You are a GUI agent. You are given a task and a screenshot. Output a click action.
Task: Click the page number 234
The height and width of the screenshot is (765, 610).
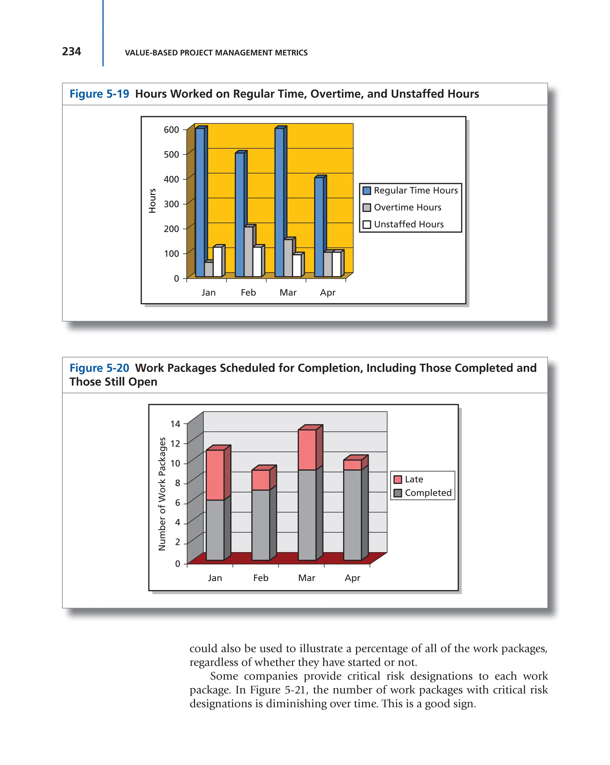(x=71, y=52)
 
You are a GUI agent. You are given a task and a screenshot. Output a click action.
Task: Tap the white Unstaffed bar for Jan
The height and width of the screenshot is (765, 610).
(x=217, y=261)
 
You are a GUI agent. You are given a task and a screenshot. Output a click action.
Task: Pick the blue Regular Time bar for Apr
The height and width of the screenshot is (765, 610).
(x=319, y=227)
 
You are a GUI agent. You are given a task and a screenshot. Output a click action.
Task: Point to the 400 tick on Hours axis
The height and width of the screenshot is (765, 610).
(x=171, y=180)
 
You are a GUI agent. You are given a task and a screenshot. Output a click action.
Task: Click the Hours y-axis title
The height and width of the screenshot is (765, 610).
(x=152, y=201)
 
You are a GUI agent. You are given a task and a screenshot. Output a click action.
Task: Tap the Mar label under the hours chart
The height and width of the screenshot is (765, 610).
(x=288, y=293)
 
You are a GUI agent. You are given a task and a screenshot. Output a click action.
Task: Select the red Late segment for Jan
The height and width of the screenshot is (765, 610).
(x=215, y=475)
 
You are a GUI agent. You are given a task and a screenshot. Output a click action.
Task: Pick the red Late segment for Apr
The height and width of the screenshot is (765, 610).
(x=352, y=465)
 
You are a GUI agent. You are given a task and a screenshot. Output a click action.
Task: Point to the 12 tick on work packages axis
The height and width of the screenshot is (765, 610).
(x=175, y=443)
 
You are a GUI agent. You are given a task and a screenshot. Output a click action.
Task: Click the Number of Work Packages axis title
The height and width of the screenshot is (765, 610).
(x=162, y=494)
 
